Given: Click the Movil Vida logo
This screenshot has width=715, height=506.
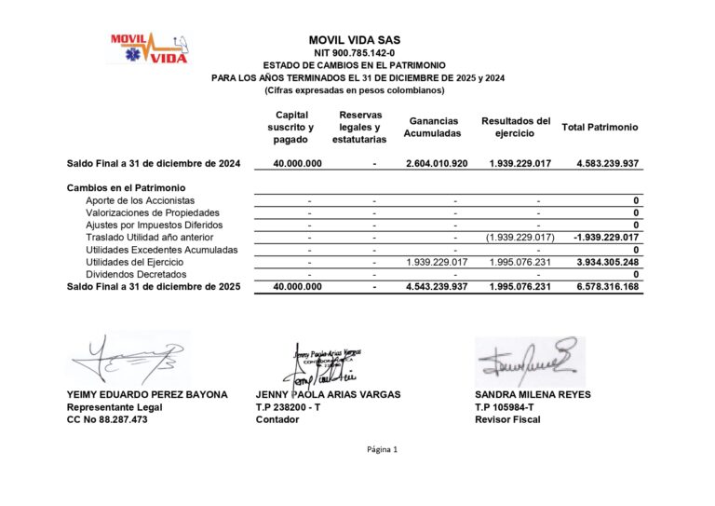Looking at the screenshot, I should tap(149, 48).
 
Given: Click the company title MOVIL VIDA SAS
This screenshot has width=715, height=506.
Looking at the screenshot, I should tap(355, 40).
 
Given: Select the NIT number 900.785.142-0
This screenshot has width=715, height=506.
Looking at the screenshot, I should tap(355, 53).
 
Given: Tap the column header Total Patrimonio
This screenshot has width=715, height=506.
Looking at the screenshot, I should tap(600, 127).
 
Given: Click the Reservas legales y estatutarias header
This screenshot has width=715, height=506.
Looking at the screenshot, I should tap(358, 127).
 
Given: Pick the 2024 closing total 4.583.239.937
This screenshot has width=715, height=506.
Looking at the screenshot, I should tap(607, 164).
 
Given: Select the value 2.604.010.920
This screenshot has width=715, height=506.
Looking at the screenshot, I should tap(437, 164).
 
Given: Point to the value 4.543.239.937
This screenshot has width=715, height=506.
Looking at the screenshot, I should tap(437, 287).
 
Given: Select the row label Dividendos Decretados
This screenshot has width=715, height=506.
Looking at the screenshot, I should tap(136, 274).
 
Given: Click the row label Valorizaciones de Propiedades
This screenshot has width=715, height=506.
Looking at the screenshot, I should tap(153, 212).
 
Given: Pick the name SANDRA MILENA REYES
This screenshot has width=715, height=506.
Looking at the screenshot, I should tap(532, 394).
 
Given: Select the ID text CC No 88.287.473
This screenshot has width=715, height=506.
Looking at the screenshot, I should tap(107, 419).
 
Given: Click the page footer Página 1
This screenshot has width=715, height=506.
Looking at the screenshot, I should tap(382, 450).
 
